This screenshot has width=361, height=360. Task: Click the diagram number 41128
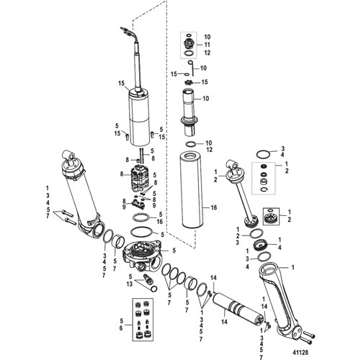(300, 352)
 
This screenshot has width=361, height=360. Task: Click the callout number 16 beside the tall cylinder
(213, 207)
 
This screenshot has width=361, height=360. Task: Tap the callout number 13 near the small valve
(130, 284)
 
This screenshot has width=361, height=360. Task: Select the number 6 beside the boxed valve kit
(121, 328)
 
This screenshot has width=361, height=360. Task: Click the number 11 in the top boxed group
(207, 45)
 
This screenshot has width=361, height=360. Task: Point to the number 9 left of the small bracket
(124, 207)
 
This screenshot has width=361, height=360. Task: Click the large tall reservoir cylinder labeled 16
(192, 189)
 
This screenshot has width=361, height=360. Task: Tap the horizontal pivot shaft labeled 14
(236, 310)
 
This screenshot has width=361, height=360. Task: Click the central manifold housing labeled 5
(143, 257)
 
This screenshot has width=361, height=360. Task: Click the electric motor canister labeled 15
(140, 117)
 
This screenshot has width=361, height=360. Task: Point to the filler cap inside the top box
(188, 44)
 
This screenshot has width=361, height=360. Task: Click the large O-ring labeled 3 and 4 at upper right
(264, 154)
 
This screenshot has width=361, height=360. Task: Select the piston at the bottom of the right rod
(251, 221)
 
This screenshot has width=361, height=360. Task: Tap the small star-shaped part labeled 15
(189, 83)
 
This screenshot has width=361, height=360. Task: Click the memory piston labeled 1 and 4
(261, 245)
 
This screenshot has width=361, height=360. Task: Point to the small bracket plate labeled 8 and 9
(138, 205)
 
